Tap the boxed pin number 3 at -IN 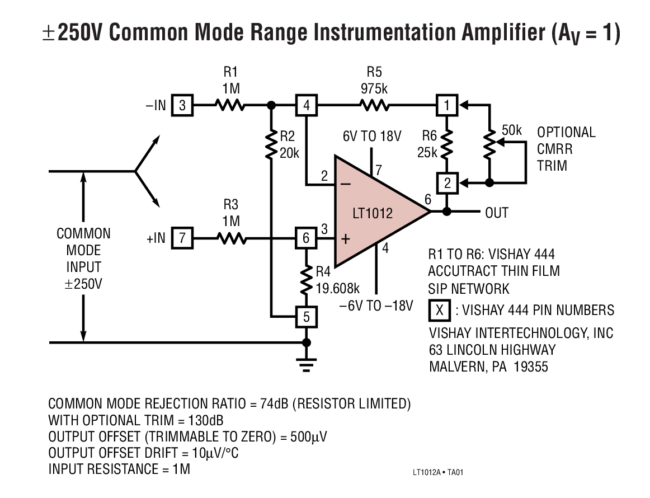coord(182,105)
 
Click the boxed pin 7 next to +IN coord(182,238)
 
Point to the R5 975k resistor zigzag coord(374,105)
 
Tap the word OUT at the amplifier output coord(496,213)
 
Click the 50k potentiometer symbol coord(490,143)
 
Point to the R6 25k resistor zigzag coord(446,144)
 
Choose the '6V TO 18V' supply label coord(373,136)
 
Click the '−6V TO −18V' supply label coord(376,306)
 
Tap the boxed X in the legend coord(440,310)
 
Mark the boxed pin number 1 coord(446,105)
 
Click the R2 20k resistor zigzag coord(271,144)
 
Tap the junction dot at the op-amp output coord(446,212)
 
